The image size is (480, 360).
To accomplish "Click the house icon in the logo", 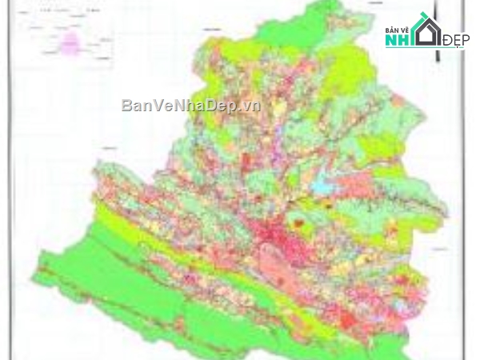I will (x=428, y=30).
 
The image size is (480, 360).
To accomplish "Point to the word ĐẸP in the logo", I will (x=455, y=41).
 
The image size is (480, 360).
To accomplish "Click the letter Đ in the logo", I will (x=447, y=41).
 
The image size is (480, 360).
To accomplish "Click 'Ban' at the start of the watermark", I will (x=134, y=106).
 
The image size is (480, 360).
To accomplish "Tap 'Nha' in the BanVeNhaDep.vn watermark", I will (x=182, y=106).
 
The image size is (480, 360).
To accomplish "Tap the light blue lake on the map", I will (x=322, y=186).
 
